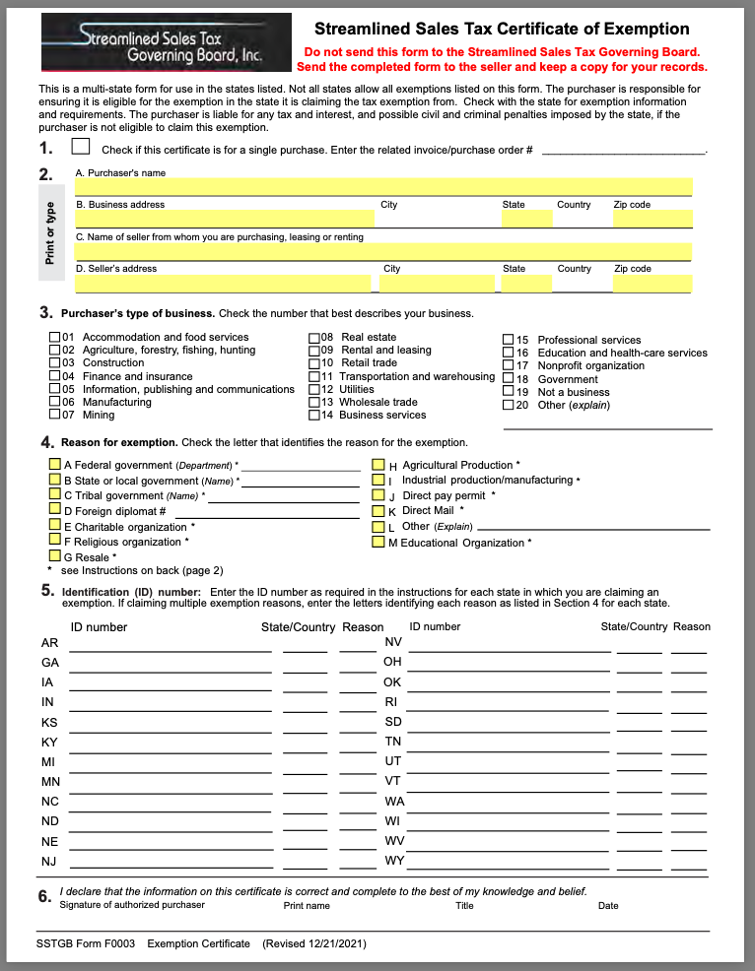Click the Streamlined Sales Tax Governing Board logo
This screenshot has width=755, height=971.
point(166,44)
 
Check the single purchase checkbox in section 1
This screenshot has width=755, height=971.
point(81,148)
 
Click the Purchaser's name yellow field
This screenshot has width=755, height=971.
point(383,187)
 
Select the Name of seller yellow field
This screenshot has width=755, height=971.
point(383,251)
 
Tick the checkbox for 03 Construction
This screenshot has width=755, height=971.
point(54,362)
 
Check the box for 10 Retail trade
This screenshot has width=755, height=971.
point(314,362)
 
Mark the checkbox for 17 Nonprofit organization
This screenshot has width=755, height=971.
point(509,365)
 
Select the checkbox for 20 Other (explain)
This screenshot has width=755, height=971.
point(509,405)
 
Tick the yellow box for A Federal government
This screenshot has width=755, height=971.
point(54,464)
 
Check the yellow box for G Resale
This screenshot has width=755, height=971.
point(54,556)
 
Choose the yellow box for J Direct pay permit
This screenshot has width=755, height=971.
point(377,495)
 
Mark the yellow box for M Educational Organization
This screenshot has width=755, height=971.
point(377,542)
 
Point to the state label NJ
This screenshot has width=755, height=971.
point(49,862)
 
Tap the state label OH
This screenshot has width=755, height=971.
point(392,662)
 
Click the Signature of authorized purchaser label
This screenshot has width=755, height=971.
point(132,905)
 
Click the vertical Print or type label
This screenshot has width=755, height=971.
point(50,233)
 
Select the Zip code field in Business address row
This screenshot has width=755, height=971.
point(652,219)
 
